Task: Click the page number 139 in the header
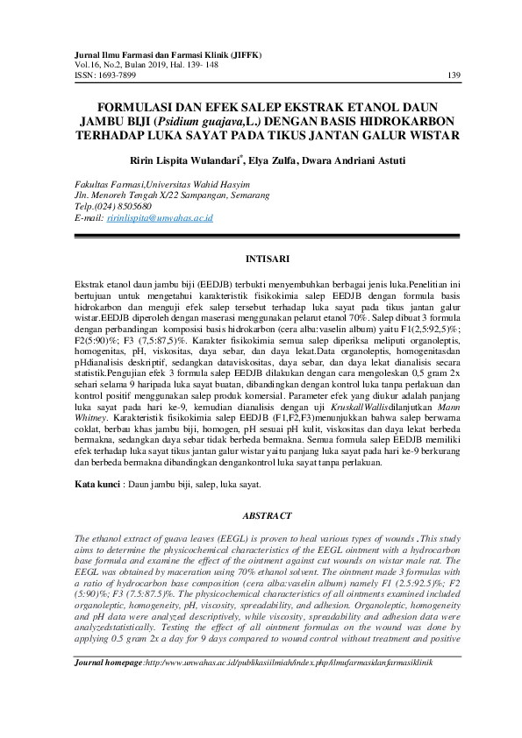pos(454,75)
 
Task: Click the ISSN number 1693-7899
pos(120,75)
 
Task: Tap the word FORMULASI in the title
pos(127,107)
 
